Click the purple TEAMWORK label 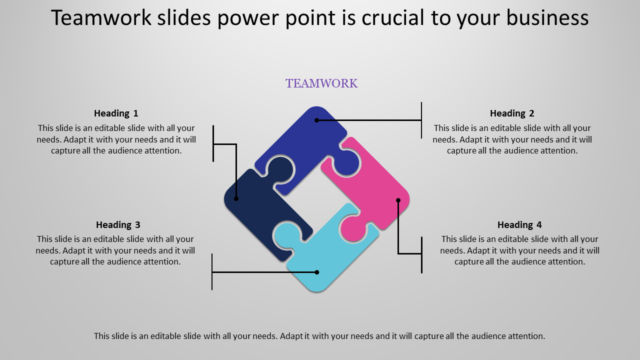point(321,83)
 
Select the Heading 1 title point(116,113)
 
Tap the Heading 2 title point(512,113)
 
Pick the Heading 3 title point(118,225)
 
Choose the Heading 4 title point(519,225)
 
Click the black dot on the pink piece point(398,200)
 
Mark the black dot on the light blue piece point(316,272)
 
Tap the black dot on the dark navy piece point(236,199)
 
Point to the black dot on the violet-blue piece point(316,120)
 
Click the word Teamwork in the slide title point(101,17)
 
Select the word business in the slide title point(547,17)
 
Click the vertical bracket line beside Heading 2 point(421,120)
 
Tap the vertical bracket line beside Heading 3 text point(212,271)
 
